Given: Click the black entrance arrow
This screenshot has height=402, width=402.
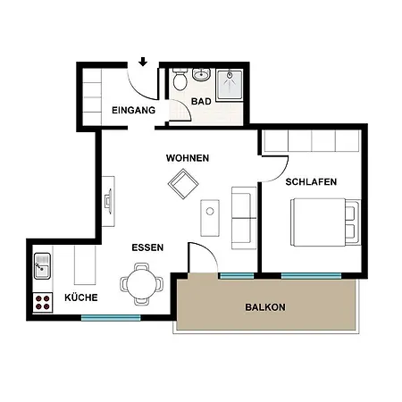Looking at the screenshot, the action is click(x=143, y=62).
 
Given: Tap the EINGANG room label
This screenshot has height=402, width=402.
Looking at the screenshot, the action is click(x=133, y=110).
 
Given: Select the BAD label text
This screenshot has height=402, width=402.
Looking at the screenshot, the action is click(x=201, y=101).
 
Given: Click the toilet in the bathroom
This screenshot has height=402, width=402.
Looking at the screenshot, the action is click(x=180, y=79).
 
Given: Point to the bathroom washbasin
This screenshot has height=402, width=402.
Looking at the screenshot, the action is click(x=201, y=74).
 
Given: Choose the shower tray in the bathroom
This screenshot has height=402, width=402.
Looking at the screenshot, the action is click(x=230, y=85).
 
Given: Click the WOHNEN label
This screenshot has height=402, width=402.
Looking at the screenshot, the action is click(x=188, y=158).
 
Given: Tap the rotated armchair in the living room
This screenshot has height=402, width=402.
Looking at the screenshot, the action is click(x=183, y=184).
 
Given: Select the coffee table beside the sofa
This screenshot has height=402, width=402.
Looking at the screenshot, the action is click(x=210, y=218).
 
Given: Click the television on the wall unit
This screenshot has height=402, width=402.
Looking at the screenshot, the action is click(x=108, y=201).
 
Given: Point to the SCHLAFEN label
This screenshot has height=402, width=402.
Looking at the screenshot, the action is click(x=311, y=181).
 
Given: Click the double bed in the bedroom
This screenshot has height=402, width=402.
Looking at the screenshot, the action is click(x=325, y=222).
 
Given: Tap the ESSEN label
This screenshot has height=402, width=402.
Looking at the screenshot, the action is click(x=147, y=247).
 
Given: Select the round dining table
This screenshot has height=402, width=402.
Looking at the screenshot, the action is click(x=142, y=284).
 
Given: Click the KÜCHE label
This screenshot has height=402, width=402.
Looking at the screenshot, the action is click(x=81, y=297).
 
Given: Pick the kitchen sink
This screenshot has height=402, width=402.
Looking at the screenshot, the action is click(x=42, y=266).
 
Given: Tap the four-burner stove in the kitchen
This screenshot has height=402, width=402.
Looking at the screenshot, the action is click(x=43, y=302).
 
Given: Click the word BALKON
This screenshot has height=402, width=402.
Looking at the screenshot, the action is click(x=265, y=307).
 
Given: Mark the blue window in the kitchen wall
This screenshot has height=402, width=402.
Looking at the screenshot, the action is click(x=111, y=318).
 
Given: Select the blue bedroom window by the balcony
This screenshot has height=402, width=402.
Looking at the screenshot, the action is click(x=311, y=276).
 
